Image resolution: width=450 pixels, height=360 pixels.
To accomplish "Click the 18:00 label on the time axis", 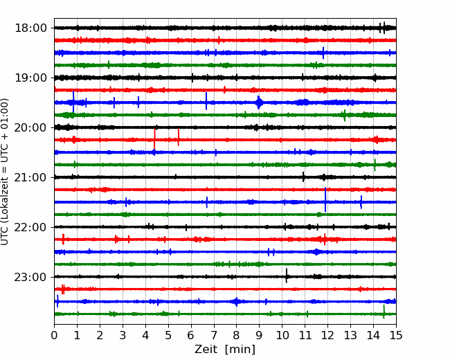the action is coord(30,28).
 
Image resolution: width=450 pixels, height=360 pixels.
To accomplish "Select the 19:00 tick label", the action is coord(30,78).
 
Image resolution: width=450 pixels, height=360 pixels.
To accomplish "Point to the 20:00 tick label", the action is coord(30,127).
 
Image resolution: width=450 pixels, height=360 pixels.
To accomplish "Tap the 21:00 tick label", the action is coord(30,177).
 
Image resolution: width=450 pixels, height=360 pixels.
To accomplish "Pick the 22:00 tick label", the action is coord(30,227).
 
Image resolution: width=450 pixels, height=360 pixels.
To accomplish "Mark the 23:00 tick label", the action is coord(30,277).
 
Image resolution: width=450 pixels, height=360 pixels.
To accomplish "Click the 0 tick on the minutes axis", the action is coord(54,335).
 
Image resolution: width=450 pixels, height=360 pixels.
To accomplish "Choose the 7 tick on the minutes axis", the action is coord(214,335).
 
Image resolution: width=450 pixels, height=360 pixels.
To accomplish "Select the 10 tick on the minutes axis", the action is coord(282,335).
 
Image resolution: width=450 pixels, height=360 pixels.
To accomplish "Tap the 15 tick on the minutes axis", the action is coord(396,335).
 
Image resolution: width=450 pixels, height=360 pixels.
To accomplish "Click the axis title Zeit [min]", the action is coord(225,350).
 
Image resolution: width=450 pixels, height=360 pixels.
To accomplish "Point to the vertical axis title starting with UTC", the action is coord(5,172).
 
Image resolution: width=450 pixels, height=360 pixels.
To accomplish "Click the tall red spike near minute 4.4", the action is coord(154,140).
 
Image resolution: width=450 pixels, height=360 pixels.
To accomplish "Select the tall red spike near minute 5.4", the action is coord(179,137).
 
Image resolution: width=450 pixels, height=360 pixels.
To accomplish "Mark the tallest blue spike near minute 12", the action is coord(325,199).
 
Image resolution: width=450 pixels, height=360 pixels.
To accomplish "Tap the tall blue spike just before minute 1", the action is coord(73,102).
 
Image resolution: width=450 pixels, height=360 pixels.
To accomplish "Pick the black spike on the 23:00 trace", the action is coord(287,276).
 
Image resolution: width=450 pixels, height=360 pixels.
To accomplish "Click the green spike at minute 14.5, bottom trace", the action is coord(384,312).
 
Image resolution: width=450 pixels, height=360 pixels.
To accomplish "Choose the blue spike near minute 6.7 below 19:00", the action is coord(206,101).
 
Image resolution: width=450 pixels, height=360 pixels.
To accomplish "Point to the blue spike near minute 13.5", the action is coord(361,202).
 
